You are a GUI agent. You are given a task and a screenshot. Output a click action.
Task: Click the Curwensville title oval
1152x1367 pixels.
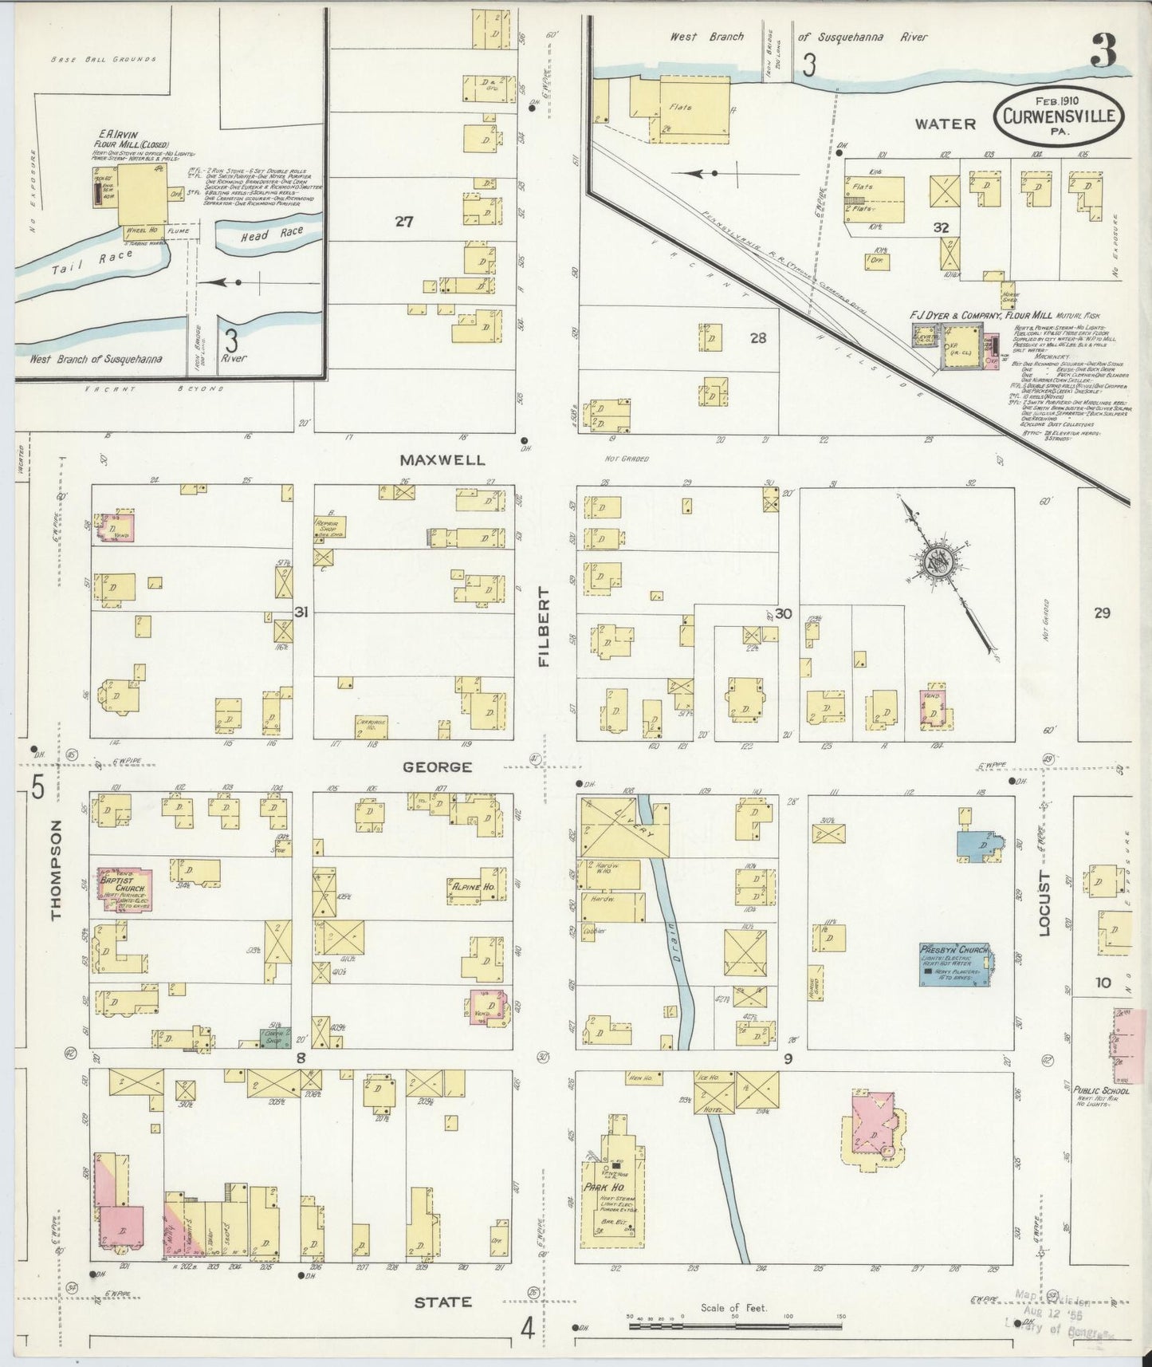pyautogui.click(x=1060, y=117)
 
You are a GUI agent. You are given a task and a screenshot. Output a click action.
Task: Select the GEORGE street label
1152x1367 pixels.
pyautogui.click(x=437, y=766)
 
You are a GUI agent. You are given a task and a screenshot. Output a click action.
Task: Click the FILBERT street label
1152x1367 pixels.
pyautogui.click(x=545, y=626)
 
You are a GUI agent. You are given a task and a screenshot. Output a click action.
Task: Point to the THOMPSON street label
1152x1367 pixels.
pyautogui.click(x=56, y=871)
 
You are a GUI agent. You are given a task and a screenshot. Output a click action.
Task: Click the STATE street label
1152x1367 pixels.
pyautogui.click(x=442, y=1302)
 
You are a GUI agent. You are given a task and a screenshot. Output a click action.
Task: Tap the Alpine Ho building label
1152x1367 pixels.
pyautogui.click(x=474, y=886)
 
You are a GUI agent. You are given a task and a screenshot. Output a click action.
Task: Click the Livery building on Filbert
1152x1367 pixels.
pyautogui.click(x=623, y=827)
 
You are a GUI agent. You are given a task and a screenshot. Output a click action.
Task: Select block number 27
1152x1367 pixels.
pyautogui.click(x=403, y=222)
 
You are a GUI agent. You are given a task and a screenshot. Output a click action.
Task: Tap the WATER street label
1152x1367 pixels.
pyautogui.click(x=945, y=124)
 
